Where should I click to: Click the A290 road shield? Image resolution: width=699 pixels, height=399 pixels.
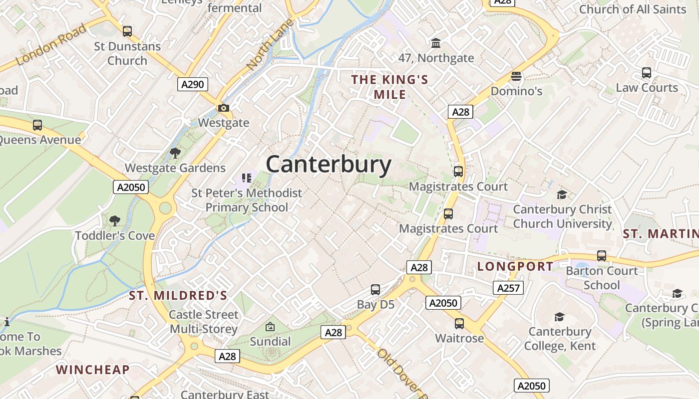[193, 84]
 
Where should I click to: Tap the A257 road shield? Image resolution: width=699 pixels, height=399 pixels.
[508, 288]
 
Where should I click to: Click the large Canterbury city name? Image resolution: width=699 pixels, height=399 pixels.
[329, 165]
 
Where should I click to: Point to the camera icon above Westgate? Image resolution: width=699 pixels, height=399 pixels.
[223, 108]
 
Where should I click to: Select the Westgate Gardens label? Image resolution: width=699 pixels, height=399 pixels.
[175, 168]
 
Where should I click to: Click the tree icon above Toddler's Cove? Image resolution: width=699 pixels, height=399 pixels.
[115, 220]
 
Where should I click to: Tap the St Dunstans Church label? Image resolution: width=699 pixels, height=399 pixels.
[127, 53]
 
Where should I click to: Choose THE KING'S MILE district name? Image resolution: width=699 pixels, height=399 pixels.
[389, 87]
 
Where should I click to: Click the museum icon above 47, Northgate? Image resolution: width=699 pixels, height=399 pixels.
[436, 43]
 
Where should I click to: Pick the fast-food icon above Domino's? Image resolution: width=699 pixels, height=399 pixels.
[516, 76]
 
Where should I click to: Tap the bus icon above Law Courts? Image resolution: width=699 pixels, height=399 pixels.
[647, 73]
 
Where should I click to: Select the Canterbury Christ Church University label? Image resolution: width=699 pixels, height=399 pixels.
[562, 216]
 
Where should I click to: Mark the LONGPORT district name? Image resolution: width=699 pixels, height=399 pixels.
[515, 266]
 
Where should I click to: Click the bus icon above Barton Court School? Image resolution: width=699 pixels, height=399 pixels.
[602, 256]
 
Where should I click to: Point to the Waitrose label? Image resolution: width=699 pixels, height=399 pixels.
[459, 338]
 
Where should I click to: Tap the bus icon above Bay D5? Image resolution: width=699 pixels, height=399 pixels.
[375, 290]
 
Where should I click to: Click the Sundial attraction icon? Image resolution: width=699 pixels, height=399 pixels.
[270, 327]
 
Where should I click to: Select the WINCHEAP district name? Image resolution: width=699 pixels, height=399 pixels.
[93, 370]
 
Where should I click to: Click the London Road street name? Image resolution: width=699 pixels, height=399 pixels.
[51, 45]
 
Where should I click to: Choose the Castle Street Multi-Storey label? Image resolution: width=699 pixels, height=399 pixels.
[203, 322]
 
